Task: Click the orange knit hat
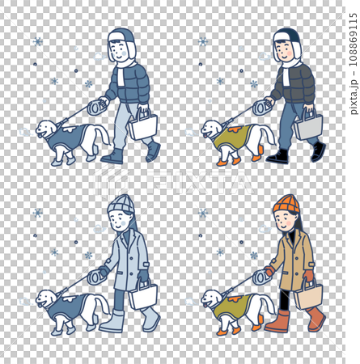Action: [x=286, y=203]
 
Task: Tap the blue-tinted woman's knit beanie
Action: [x=121, y=203]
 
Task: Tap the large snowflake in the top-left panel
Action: [x=37, y=41]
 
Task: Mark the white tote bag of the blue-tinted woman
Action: [x=143, y=295]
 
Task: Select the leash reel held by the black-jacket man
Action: [x=262, y=106]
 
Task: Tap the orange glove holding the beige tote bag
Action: [x=308, y=276]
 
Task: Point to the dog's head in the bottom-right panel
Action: [x=211, y=298]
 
